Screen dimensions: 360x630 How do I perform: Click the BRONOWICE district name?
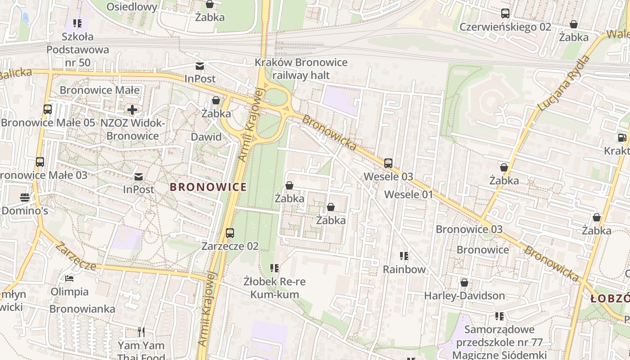click(208, 187)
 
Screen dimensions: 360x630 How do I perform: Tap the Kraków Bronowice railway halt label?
click(301, 68)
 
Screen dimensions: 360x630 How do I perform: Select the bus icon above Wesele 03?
click(388, 163)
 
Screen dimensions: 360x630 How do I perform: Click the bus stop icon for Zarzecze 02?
click(230, 233)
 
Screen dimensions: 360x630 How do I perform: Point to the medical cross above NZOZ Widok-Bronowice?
click(132, 110)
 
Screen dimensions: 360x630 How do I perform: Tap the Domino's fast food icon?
click(24, 198)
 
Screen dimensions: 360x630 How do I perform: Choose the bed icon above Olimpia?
click(69, 279)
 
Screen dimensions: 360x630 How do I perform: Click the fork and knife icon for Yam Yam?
click(141, 332)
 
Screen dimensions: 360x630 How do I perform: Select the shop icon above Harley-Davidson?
click(464, 283)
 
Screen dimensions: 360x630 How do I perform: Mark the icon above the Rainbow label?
click(404, 256)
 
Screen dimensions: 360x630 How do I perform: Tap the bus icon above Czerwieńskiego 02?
click(505, 13)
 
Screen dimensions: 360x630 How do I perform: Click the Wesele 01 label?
click(409, 194)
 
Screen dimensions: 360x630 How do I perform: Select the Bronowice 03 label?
click(469, 229)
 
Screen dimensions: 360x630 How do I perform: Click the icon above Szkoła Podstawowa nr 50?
click(77, 23)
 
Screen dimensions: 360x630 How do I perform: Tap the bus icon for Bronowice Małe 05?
click(47, 109)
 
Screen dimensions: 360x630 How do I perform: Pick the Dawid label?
click(206, 137)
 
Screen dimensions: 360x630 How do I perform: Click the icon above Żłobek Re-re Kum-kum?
click(274, 269)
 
